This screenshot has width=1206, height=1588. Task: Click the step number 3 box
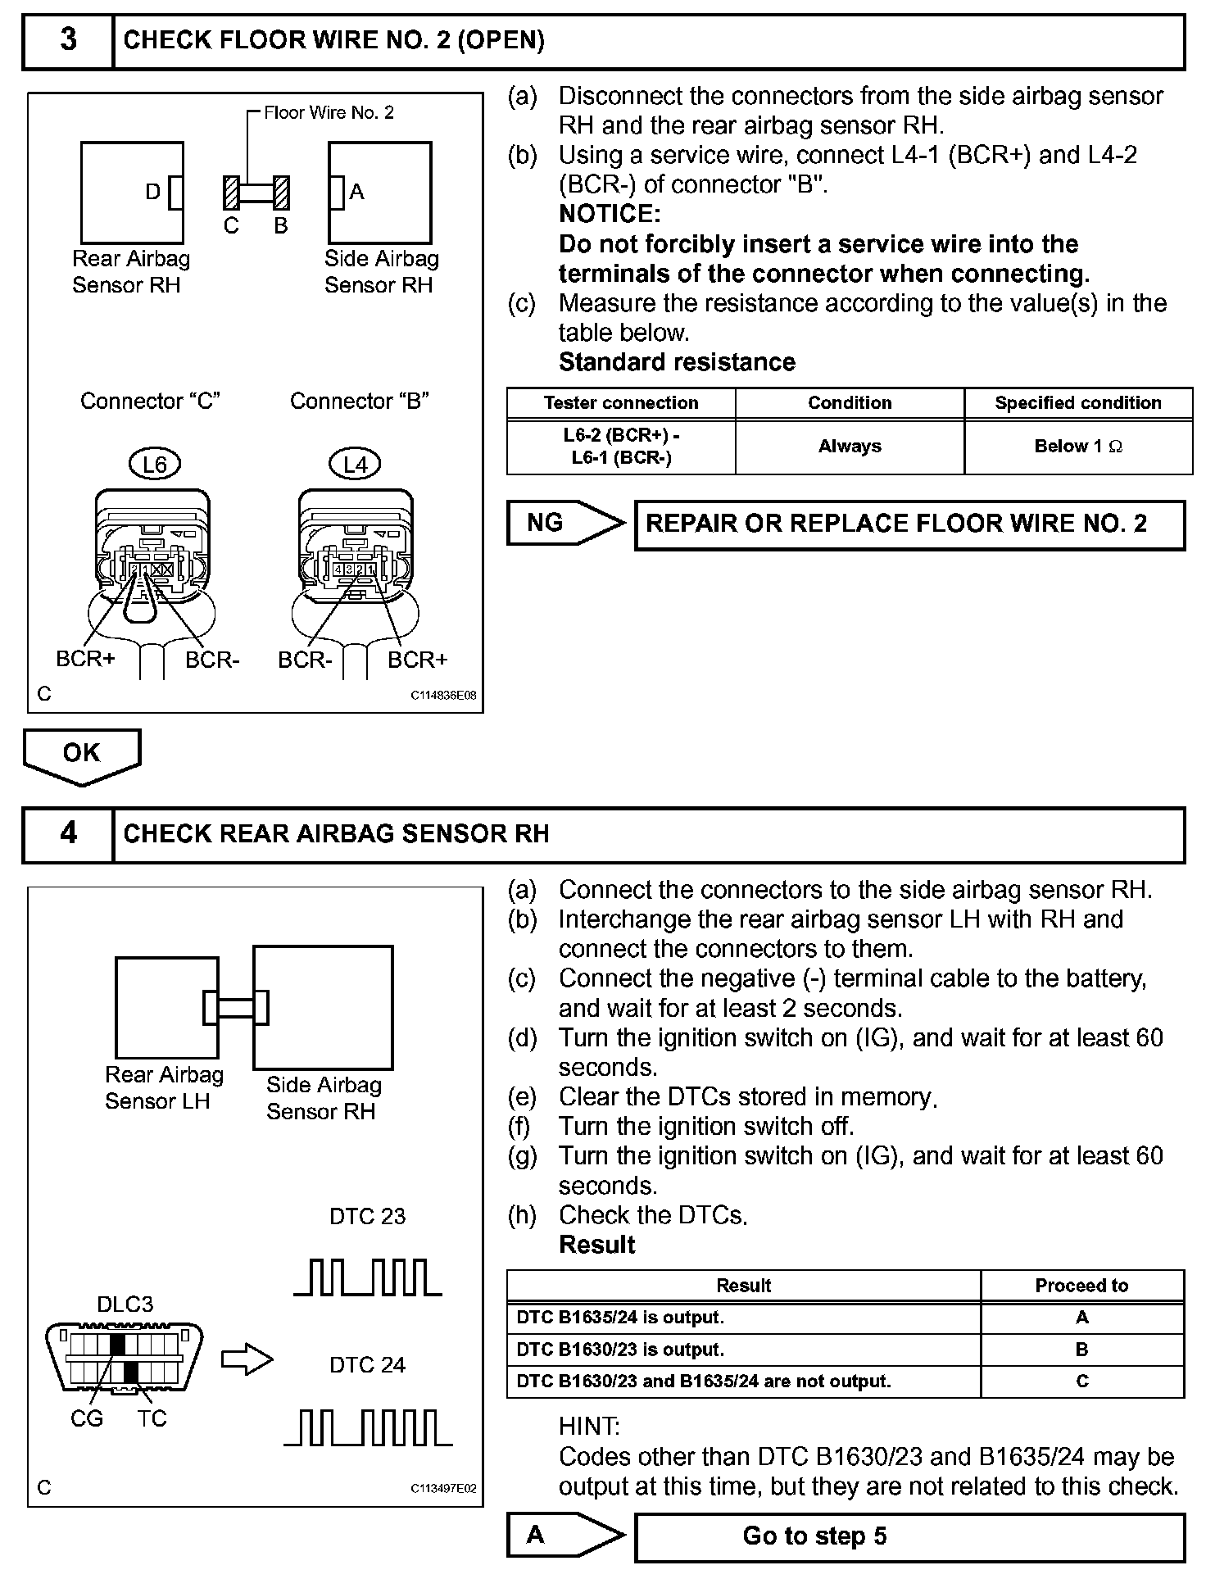(68, 40)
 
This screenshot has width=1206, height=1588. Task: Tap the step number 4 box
(68, 833)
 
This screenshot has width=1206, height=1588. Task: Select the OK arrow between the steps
(81, 754)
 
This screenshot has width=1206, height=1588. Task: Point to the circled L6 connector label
(154, 465)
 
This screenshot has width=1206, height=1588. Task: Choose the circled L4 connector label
(355, 465)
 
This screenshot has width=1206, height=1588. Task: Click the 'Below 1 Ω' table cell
(1077, 447)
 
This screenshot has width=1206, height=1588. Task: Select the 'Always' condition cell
(850, 447)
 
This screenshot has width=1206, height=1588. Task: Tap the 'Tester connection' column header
(621, 403)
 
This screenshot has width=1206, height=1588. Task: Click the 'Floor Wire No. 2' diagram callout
(329, 112)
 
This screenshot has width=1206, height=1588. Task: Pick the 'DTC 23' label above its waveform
(367, 1216)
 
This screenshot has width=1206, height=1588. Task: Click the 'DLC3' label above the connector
(125, 1304)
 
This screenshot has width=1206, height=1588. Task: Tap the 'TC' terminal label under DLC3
(152, 1419)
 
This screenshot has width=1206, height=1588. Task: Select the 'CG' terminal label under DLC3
(87, 1419)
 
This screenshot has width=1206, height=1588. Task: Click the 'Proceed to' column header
(1081, 1286)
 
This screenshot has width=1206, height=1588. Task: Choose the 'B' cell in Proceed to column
(1081, 1350)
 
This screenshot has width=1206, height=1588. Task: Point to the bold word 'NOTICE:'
(610, 214)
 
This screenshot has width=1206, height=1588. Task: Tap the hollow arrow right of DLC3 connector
(247, 1361)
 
